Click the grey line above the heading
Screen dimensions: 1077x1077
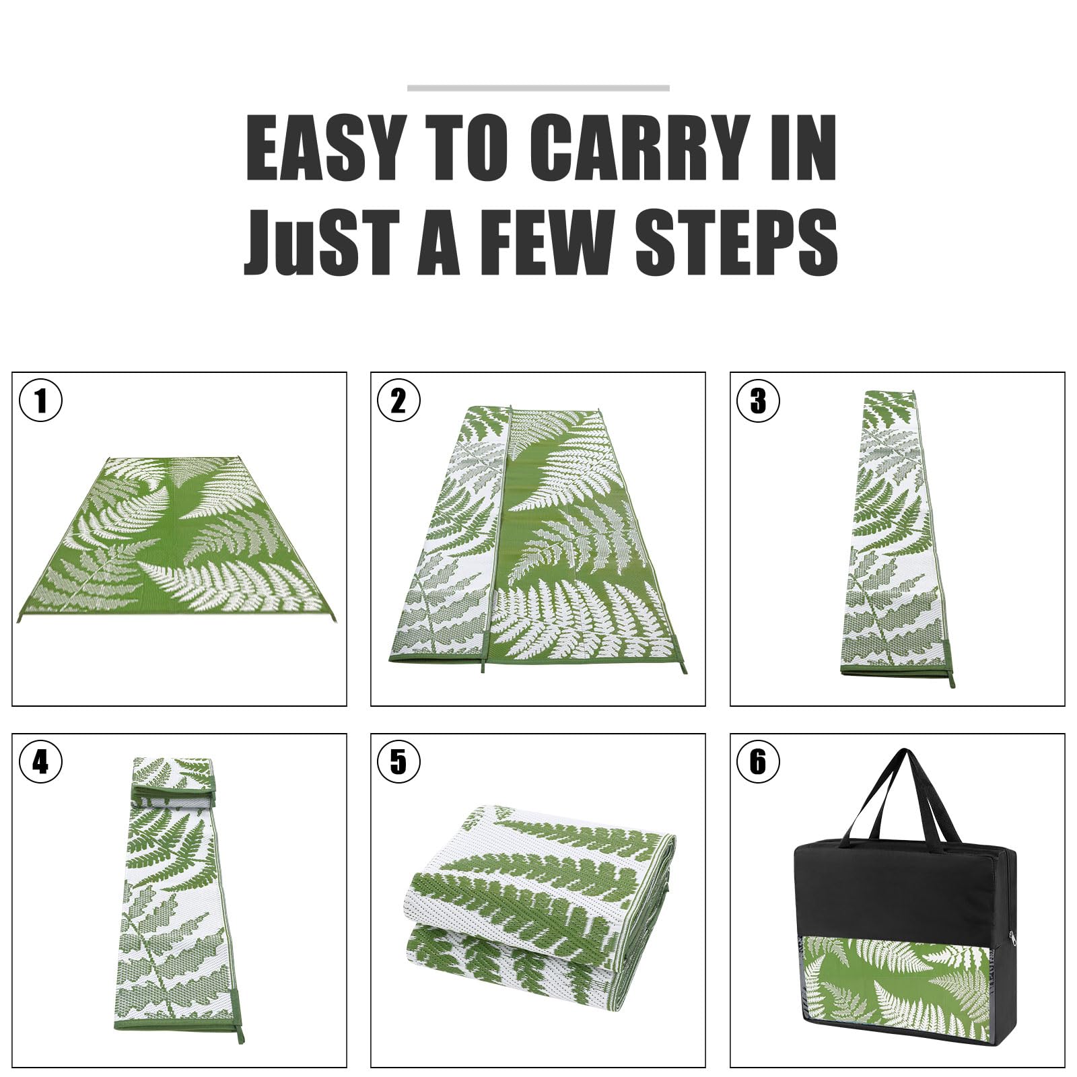538,88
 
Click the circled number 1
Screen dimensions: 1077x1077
40,401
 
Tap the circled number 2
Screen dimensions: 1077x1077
398,401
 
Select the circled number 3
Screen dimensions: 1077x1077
758,401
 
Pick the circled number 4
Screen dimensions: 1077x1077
40,762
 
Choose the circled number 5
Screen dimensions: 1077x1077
398,762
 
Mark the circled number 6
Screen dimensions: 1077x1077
758,762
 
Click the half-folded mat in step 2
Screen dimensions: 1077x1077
538,538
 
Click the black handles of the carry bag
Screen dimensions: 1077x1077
902,794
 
